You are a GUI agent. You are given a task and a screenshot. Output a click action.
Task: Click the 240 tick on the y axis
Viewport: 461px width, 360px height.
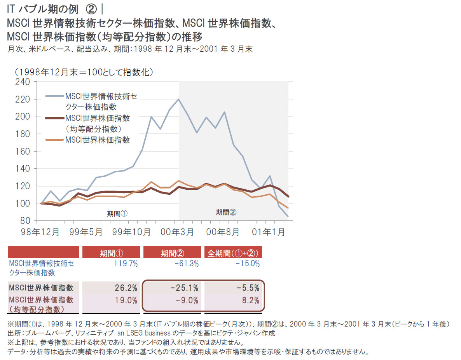point(23,82)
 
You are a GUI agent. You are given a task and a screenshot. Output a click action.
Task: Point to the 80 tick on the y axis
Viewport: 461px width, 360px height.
point(25,221)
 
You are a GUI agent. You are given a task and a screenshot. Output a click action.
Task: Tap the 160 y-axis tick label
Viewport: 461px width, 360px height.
point(23,151)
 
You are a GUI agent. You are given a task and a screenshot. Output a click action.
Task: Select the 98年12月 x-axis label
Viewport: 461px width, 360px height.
point(41,232)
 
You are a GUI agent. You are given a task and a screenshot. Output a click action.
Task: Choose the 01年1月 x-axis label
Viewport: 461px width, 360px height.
point(269,232)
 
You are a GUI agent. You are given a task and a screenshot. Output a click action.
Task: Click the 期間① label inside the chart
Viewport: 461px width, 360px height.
point(117,213)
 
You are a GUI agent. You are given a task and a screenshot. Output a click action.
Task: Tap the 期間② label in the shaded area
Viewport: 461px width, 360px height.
point(226,212)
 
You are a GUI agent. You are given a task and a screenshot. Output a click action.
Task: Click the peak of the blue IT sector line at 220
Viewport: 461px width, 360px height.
point(178,99)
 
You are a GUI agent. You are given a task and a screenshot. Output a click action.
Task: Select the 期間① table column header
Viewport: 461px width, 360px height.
point(111,253)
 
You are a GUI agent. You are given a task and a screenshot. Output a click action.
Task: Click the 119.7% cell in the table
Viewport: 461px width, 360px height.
point(126,264)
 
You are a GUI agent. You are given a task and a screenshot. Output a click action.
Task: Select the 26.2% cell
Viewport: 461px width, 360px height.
point(126,288)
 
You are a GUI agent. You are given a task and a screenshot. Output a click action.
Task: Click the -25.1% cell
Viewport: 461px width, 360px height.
point(184,288)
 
